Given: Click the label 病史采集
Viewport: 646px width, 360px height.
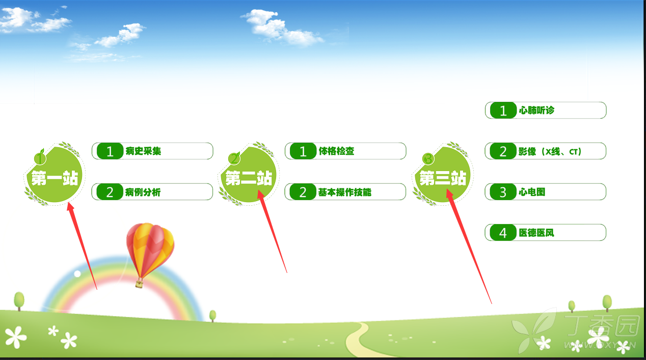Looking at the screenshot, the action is tap(143, 151).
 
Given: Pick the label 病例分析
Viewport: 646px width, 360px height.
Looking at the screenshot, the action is tap(143, 192).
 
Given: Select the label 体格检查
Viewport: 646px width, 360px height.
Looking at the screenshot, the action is tap(336, 151).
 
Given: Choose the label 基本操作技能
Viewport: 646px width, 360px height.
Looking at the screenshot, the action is tap(344, 192).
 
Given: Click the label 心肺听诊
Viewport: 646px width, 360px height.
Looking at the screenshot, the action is tap(536, 110).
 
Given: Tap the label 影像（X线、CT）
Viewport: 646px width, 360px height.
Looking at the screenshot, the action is tap(550, 151).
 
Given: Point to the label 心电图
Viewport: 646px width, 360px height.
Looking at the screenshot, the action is tap(532, 192).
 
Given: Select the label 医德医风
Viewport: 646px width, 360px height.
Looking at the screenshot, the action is tap(536, 233).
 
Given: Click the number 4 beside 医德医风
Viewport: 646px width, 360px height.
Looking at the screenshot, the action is tap(503, 233).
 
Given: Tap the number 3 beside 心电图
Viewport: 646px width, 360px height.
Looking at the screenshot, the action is tap(503, 192).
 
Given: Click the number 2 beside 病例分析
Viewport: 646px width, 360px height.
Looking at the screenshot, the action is tap(110, 192).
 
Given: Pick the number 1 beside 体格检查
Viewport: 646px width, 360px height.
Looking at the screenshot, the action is tap(303, 151).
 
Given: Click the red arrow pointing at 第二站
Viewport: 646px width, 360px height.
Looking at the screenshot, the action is tap(272, 231).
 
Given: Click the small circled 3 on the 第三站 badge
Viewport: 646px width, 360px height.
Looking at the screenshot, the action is tap(428, 159).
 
